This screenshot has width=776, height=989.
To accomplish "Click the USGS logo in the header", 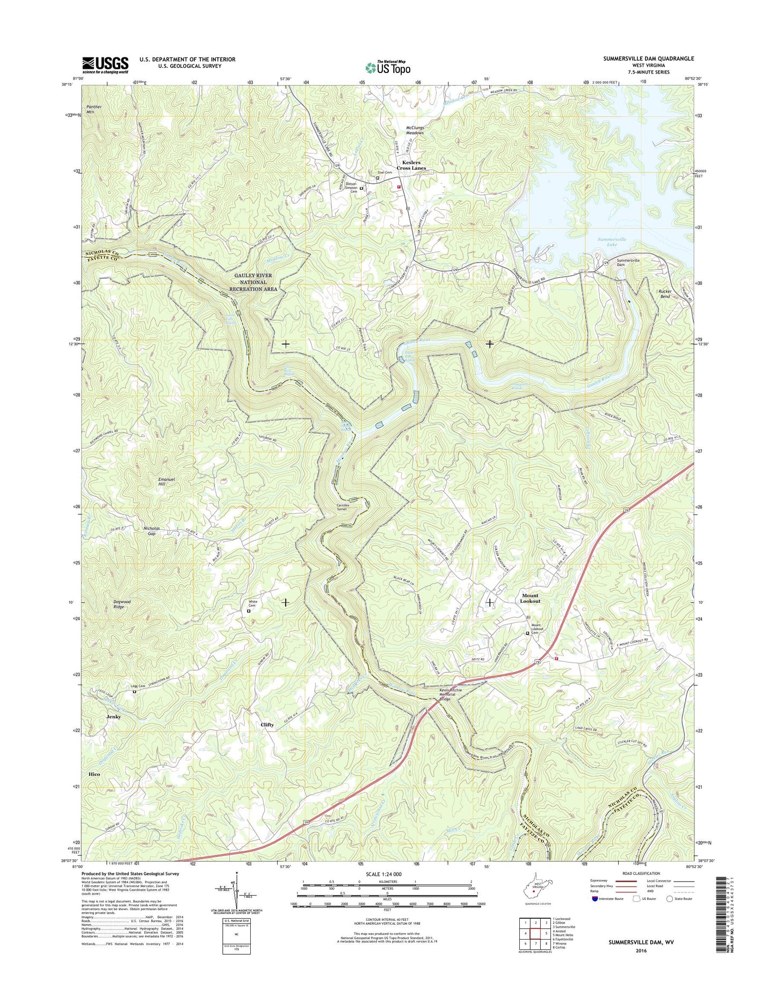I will [x=105, y=64].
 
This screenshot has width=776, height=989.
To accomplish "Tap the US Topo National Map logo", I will [x=388, y=67].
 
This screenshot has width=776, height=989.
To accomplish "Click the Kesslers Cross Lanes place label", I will [x=411, y=165].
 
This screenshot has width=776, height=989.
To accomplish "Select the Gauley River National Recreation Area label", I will [x=253, y=282].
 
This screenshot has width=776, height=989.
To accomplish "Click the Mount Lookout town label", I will [x=530, y=598].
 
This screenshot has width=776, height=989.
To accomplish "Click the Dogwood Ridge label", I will [x=119, y=604].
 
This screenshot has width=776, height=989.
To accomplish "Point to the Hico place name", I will [x=94, y=774].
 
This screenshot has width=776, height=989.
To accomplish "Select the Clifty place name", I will [x=267, y=724].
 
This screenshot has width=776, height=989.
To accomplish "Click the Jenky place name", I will [x=113, y=716].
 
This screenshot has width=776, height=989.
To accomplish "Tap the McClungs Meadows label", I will [x=412, y=130].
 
